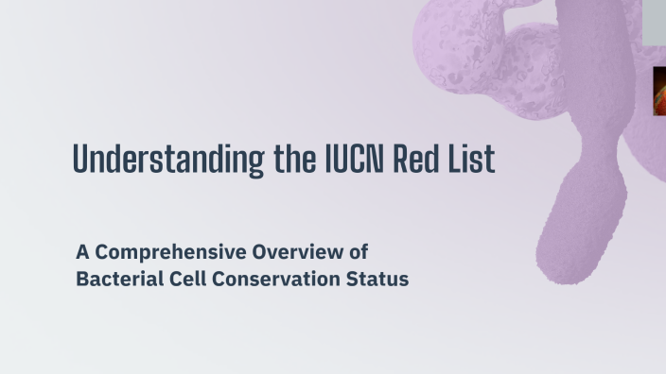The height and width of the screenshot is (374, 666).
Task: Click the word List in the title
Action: click(x=473, y=160)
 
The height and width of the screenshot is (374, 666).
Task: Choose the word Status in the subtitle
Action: click(x=377, y=280)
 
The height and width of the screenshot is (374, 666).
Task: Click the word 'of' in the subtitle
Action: click(x=358, y=252)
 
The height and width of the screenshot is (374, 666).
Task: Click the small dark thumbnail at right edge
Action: click(x=659, y=92)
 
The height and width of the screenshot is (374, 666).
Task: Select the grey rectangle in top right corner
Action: click(x=655, y=21)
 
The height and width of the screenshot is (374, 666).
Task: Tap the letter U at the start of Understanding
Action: click(x=80, y=160)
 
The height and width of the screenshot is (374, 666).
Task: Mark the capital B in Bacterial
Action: click(x=82, y=280)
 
